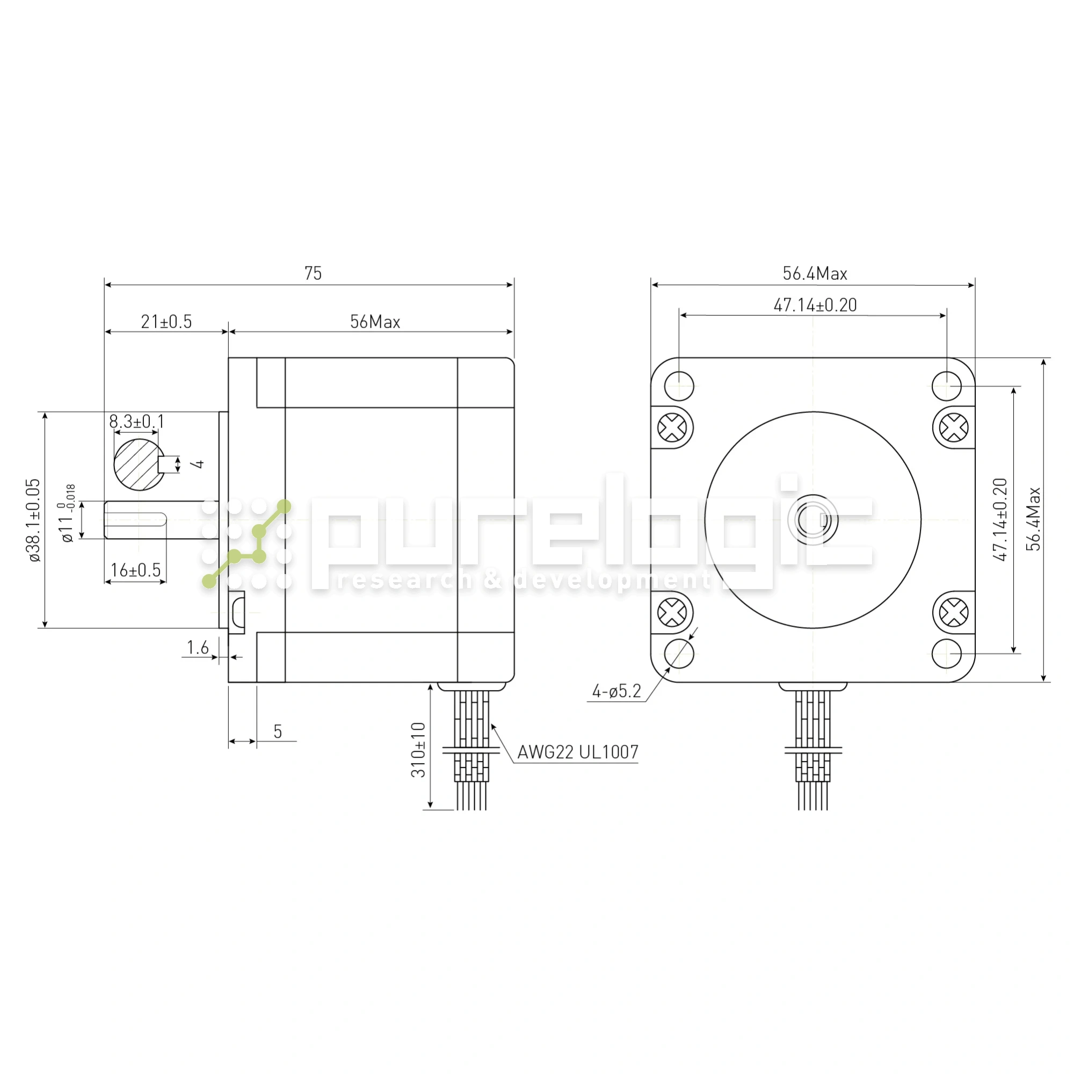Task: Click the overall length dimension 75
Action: coord(313,273)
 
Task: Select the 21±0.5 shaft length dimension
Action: coord(166,322)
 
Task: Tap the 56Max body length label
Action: coord(375,322)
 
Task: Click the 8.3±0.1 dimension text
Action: coord(137,422)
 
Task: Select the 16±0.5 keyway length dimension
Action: coord(135,570)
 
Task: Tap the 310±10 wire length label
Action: coord(418,749)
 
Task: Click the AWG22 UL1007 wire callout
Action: coord(578,752)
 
